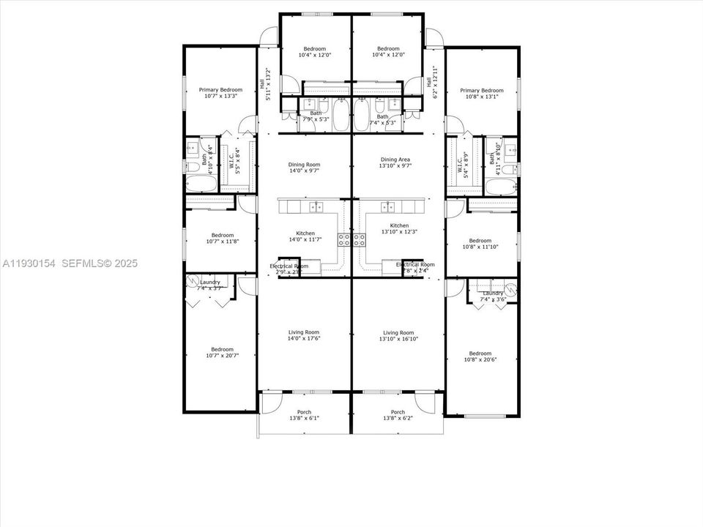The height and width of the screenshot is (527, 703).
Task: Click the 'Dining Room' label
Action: click(304, 165)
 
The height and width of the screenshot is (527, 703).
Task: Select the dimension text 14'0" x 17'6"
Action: click(304, 338)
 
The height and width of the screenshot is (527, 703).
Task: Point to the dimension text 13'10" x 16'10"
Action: click(398, 338)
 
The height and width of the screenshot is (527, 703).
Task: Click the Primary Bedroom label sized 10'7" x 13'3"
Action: click(220, 90)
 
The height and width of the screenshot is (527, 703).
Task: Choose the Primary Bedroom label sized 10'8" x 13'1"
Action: click(482, 90)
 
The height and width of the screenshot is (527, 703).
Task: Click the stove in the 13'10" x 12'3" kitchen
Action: click(360, 238)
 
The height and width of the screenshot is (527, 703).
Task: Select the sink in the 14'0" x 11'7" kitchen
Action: click(316, 206)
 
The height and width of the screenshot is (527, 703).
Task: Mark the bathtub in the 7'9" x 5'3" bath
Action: click(341, 115)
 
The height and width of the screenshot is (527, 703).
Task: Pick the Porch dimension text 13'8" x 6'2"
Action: click(398, 419)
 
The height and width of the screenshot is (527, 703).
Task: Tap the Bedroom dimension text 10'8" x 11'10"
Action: click(480, 247)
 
